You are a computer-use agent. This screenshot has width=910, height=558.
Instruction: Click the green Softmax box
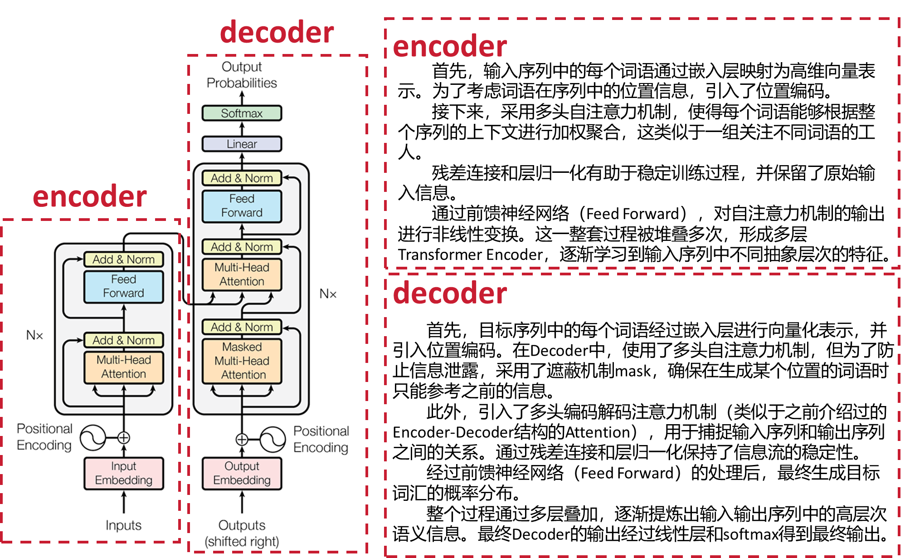tap(242, 113)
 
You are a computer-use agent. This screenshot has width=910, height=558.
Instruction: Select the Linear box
tap(242, 144)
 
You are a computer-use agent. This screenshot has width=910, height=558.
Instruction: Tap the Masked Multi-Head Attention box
tap(242, 361)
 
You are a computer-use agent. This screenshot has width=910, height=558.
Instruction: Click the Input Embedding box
tap(123, 473)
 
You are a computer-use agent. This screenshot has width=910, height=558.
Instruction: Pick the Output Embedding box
tap(242, 473)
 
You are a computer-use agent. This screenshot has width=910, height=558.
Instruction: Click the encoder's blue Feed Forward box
tap(123, 286)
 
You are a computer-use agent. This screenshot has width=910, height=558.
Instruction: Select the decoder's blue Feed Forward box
tap(242, 206)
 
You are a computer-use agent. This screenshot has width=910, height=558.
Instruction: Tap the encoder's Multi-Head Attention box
tap(123, 367)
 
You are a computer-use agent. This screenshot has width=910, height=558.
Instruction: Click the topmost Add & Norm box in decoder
tap(242, 178)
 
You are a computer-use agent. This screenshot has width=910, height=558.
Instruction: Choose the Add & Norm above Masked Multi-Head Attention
tap(242, 327)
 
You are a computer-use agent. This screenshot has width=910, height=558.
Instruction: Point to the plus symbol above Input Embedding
tap(124, 438)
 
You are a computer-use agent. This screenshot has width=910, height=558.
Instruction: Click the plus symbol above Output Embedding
tap(242, 439)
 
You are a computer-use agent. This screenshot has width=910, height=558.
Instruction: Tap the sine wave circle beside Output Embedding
tap(273, 439)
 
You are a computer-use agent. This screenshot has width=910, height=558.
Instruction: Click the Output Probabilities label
tap(242, 75)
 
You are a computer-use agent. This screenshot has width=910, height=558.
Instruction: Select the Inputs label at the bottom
tap(123, 525)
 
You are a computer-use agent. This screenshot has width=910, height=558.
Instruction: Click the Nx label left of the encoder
tap(34, 335)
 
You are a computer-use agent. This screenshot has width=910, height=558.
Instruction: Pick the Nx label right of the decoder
tap(328, 294)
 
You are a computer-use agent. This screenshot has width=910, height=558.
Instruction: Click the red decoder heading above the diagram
tap(277, 33)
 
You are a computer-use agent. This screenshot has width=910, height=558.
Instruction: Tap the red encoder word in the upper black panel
tap(449, 47)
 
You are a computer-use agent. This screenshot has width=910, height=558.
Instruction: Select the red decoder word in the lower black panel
tap(449, 294)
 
